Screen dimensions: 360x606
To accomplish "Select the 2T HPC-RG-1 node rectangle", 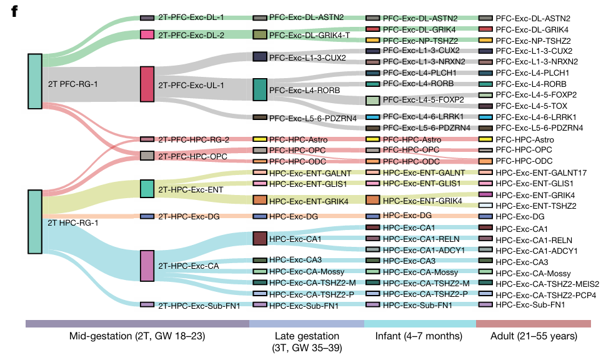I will [35, 221].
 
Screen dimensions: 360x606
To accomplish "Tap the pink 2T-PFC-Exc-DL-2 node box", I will [147, 35].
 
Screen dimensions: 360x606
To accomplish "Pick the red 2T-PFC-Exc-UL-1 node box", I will [147, 84].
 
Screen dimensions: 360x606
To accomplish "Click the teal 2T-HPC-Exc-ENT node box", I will [147, 188].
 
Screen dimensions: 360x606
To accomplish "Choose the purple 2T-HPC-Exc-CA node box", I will [147, 266].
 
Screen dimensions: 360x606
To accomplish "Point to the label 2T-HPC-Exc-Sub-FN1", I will [199, 305].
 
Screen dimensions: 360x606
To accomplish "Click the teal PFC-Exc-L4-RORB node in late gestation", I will [259, 89].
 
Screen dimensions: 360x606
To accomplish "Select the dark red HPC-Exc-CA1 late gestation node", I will [259, 238].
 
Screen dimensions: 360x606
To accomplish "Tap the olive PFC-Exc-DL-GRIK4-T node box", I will [259, 35].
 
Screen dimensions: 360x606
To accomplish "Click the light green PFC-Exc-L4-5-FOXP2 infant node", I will [372, 100].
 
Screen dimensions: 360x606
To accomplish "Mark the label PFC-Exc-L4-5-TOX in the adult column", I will [537, 106].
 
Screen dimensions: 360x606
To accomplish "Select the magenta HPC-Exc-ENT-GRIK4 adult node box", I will [485, 195].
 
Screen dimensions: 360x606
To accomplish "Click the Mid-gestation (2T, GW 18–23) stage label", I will [137, 337].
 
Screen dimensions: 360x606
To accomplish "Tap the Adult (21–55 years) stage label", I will [534, 337].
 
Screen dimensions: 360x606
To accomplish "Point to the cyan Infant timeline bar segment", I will [419, 323].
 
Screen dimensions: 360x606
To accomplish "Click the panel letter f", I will [13, 12].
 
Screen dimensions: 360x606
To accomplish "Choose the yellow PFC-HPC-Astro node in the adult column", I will [485, 139].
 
